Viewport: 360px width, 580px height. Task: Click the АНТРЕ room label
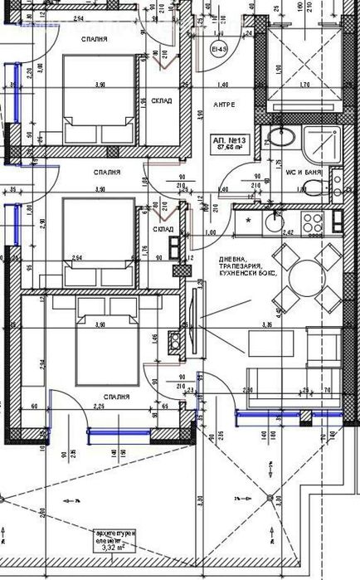tap(224, 105)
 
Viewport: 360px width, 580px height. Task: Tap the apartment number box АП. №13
tap(229, 143)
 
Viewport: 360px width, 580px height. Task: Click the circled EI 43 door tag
tap(220, 51)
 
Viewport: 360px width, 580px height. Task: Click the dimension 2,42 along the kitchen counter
tap(289, 233)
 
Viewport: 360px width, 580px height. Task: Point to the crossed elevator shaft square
tap(304, 53)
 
